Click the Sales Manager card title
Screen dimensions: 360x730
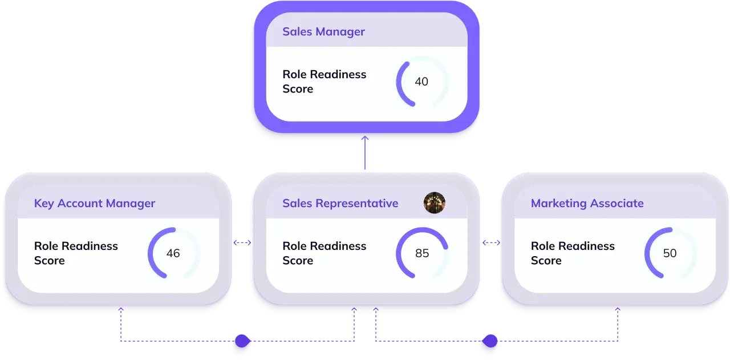pos(323,31)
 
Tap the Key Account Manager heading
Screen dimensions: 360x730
pos(95,203)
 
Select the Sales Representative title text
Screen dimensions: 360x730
pos(340,203)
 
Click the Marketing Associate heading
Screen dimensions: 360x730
pos(587,203)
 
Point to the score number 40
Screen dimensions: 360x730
pos(421,82)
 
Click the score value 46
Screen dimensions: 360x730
pos(173,253)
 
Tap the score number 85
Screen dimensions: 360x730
pos(422,253)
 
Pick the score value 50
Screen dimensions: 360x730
pos(670,253)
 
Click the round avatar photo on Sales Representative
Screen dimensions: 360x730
pos(435,203)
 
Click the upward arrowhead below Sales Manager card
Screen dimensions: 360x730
pos(365,139)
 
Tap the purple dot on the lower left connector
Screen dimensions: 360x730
pos(242,341)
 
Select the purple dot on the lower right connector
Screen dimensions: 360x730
pos(489,341)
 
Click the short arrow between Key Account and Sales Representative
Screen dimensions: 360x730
pos(242,243)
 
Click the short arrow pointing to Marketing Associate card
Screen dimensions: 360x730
pos(492,243)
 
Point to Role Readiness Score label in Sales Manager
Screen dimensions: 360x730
pos(324,82)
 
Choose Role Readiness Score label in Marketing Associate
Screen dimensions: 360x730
pos(573,253)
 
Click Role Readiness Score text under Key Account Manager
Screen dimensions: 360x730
pos(76,253)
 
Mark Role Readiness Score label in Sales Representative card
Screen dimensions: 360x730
pos(324,253)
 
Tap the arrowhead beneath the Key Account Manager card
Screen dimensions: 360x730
pos(120,310)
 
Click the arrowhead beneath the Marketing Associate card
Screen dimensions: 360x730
pos(618,310)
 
